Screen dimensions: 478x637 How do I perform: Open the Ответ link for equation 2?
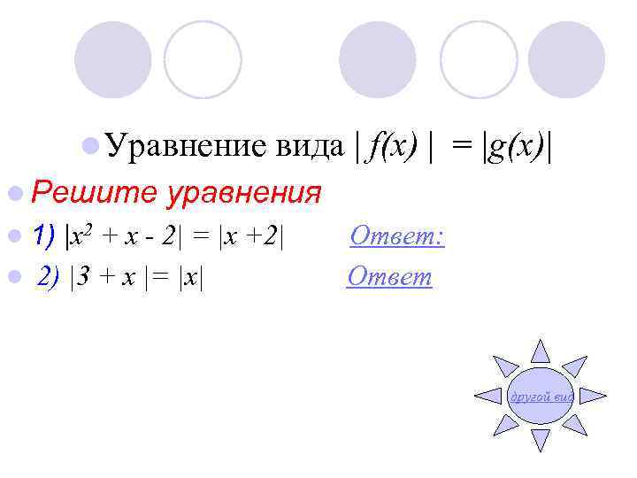(x=389, y=277)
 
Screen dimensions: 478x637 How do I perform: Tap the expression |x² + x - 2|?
(x=133, y=236)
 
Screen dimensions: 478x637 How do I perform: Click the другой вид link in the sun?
(x=540, y=397)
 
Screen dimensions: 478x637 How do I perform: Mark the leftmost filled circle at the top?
(x=112, y=60)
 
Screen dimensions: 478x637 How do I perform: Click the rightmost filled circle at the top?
(x=567, y=60)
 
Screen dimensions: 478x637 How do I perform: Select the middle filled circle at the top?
(x=378, y=60)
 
